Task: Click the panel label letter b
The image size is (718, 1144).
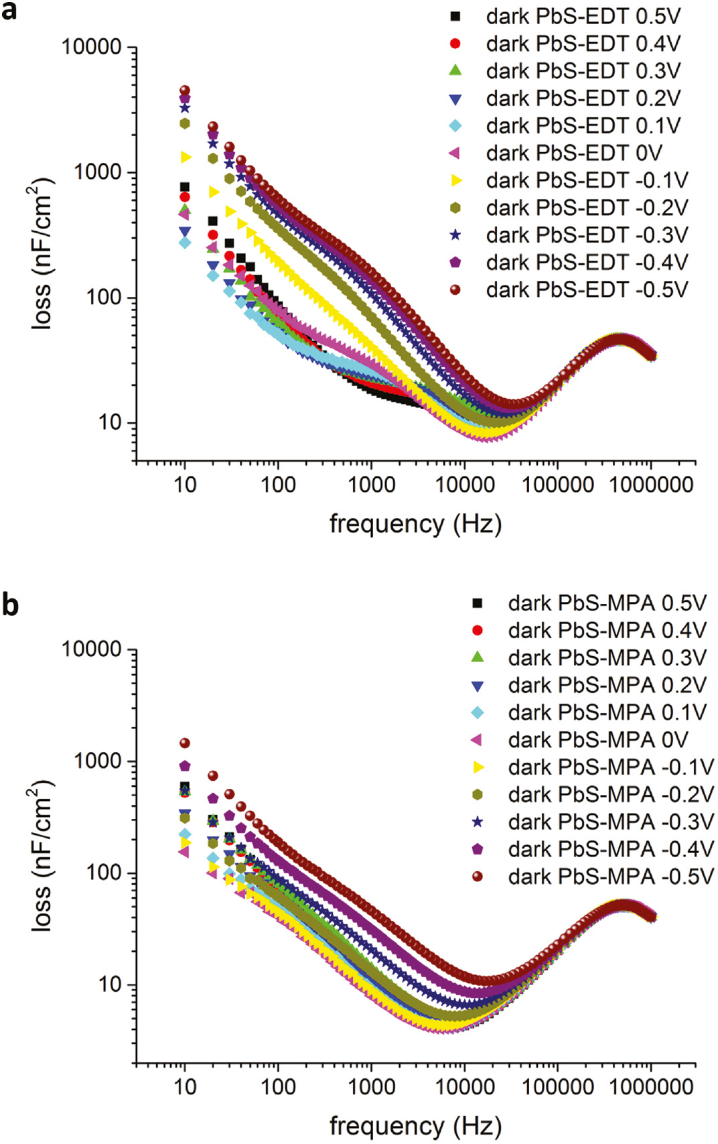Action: coord(9,605)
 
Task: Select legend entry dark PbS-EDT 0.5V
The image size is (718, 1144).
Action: coord(583,16)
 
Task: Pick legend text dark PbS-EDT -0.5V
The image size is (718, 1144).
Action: coord(587,290)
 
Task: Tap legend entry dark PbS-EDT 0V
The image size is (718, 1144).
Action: coord(573,153)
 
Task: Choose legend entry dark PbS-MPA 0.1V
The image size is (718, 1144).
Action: coord(607,712)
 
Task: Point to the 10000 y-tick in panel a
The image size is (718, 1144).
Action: coord(92,48)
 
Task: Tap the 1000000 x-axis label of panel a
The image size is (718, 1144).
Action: coord(651,485)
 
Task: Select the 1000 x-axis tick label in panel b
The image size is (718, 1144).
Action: coord(371,1087)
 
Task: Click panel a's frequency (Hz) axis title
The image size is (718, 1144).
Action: coord(415,524)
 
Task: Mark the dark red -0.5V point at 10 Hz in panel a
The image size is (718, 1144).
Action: coord(185,90)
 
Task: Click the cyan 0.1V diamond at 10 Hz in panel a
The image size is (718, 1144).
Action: coord(185,243)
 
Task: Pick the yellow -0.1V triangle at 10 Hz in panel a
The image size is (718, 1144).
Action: coord(186,157)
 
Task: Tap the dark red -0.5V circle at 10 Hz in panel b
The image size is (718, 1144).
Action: coord(185,743)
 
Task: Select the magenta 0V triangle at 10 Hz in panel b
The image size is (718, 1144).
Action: coord(184,852)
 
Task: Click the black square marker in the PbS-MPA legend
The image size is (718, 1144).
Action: coord(477,603)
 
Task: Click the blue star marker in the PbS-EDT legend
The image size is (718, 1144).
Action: coord(455,235)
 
